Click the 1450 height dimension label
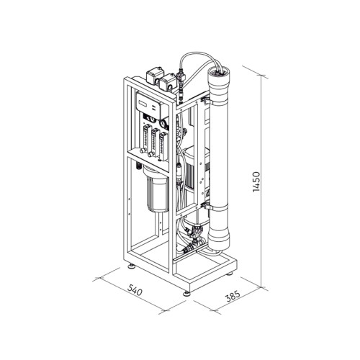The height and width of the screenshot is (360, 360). (x=256, y=181)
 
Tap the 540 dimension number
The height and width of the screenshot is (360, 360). (x=135, y=289)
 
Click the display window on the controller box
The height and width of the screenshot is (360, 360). (x=143, y=104)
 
